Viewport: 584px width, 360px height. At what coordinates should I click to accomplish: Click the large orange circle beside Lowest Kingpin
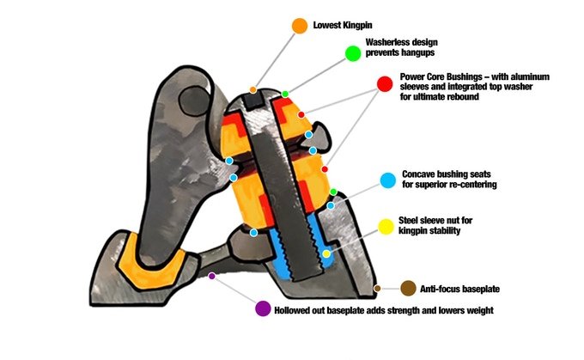click(x=300, y=26)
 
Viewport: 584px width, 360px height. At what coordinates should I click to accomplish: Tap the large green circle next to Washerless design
click(x=352, y=53)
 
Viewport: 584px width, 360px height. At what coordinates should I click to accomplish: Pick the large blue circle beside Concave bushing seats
click(x=387, y=180)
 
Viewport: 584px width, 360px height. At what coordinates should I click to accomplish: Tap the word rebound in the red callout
click(x=481, y=97)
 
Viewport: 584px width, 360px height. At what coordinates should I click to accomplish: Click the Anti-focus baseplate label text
click(x=460, y=289)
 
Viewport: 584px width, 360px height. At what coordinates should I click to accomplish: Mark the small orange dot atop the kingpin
click(x=253, y=89)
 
